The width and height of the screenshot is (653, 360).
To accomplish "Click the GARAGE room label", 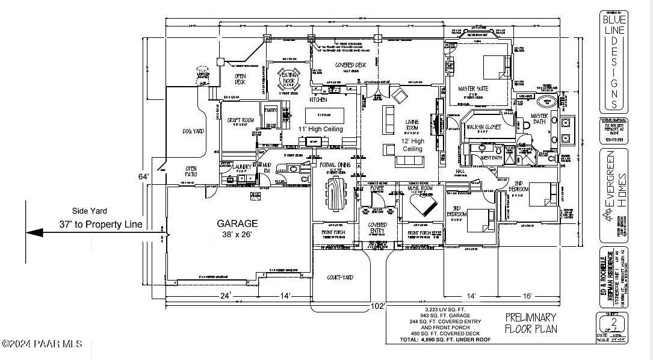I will pyautogui.click(x=237, y=223).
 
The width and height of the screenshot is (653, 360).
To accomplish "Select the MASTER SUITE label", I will pyautogui.click(x=473, y=88).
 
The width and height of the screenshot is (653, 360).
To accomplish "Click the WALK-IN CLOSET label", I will pyautogui.click(x=485, y=127).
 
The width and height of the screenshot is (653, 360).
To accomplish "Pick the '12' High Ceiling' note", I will pyautogui.click(x=412, y=144).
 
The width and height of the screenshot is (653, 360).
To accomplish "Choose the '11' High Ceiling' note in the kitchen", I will pyautogui.click(x=320, y=129).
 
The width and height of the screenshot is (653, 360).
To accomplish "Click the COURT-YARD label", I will pyautogui.click(x=340, y=278).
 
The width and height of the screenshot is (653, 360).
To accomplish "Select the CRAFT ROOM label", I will pyautogui.click(x=240, y=121).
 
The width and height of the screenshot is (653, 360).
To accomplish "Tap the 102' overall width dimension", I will pyautogui.click(x=378, y=306).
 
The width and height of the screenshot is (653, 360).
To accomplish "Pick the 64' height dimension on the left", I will pyautogui.click(x=143, y=176).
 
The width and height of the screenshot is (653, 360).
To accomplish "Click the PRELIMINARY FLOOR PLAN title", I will pyautogui.click(x=530, y=323).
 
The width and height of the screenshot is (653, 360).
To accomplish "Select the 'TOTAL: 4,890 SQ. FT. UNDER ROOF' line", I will pyautogui.click(x=445, y=340).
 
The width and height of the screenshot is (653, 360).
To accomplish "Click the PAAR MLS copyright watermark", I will pyautogui.click(x=42, y=344).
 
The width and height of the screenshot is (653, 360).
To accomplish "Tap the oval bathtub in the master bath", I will pyautogui.click(x=546, y=101).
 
